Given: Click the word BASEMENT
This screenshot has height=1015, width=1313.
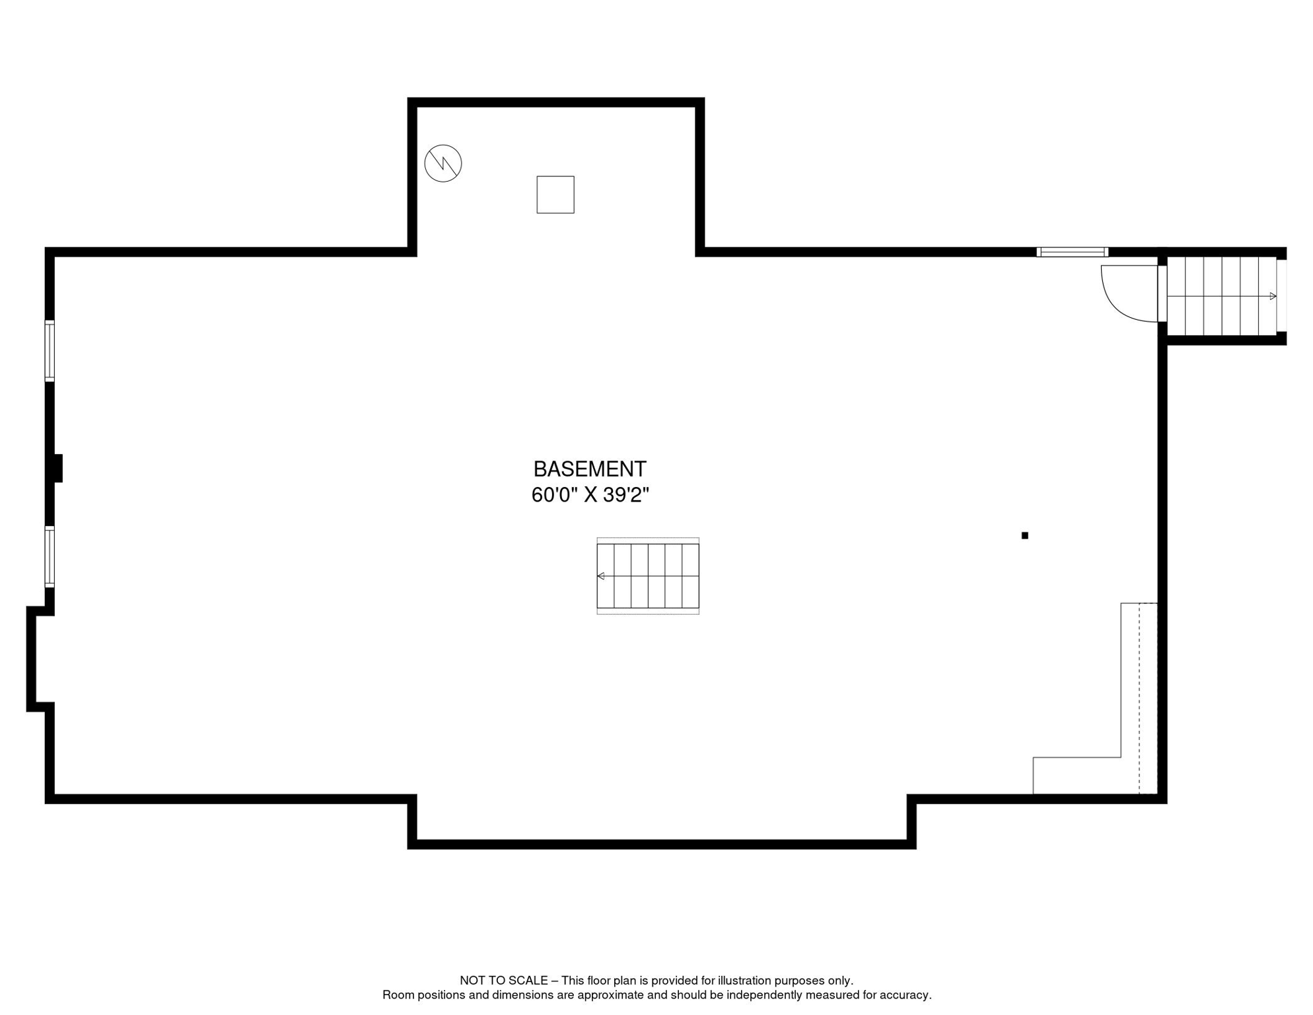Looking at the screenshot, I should click(589, 469).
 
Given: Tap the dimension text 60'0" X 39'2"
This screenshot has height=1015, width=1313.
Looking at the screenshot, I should click(590, 495).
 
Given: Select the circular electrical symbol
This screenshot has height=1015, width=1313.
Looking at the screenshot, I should click(443, 163).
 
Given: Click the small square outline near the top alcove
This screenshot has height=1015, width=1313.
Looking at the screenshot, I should click(555, 194).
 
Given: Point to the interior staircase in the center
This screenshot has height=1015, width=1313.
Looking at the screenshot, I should click(647, 576).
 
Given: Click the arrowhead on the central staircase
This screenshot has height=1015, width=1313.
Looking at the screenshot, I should click(600, 576).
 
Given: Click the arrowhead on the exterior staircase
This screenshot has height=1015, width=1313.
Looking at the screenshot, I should click(1273, 296).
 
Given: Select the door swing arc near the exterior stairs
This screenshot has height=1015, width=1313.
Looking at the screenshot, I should click(1123, 301).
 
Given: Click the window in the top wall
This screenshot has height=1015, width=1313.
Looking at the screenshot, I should click(1071, 252).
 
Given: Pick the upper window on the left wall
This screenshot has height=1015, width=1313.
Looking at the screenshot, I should click(50, 351).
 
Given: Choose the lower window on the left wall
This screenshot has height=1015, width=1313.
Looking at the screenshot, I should click(50, 556).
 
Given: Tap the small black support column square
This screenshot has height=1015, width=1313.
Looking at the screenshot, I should click(1024, 535).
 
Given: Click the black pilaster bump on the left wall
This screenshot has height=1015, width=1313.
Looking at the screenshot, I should click(58, 468).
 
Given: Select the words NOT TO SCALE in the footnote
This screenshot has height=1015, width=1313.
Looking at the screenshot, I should click(503, 981).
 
